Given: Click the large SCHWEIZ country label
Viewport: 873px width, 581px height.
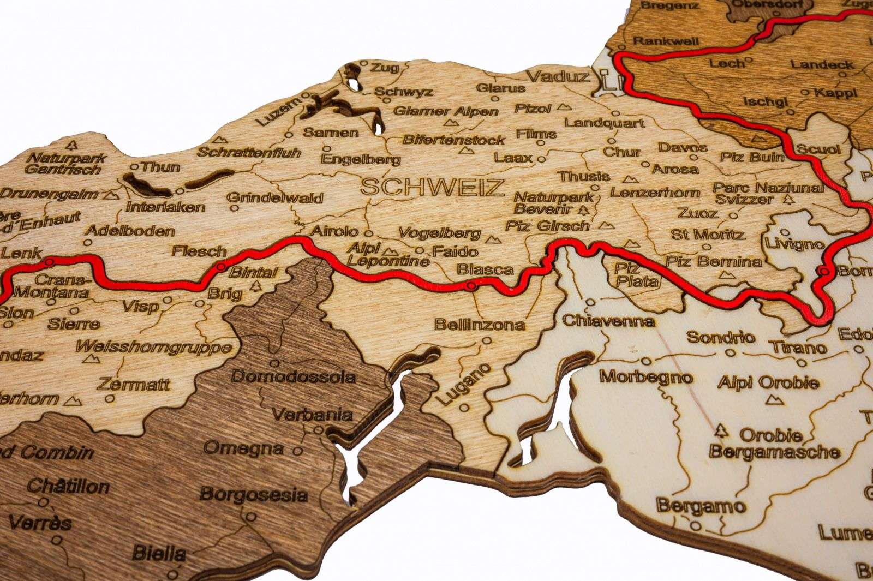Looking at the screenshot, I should [432, 188].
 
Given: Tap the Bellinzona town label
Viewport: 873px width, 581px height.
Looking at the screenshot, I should [480, 325].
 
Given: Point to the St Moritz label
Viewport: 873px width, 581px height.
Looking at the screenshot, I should [708, 235].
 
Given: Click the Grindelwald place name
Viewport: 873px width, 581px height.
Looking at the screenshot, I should [275, 198].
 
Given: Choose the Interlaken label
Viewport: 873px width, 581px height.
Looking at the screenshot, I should [166, 207].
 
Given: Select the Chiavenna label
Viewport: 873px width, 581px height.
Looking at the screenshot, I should [608, 320].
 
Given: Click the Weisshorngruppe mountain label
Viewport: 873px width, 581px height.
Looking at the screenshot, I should [154, 347].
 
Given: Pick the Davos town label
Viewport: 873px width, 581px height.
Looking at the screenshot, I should [683, 147].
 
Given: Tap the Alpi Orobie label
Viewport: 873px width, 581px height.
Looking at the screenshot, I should [768, 382].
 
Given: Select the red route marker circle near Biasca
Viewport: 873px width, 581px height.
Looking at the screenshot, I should [472, 285].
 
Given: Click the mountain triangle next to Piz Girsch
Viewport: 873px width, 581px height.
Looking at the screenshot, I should [604, 225].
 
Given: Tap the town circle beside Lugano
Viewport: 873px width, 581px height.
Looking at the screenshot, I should [464, 407].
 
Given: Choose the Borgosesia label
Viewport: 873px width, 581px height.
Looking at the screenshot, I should [254, 495].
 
